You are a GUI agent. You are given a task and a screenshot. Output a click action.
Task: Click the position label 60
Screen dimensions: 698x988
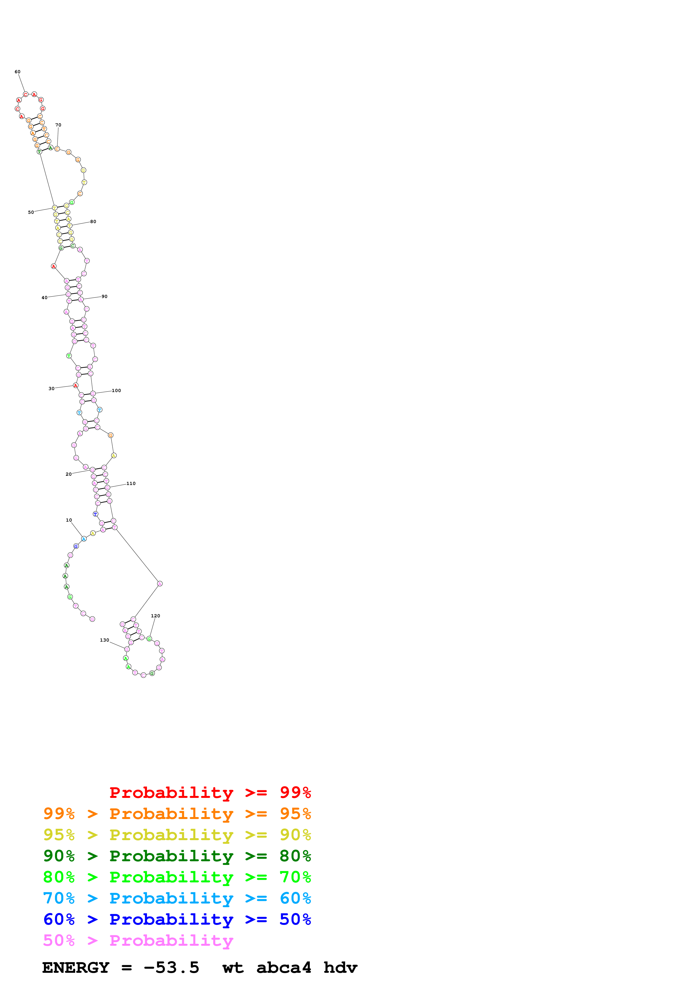point(17,72)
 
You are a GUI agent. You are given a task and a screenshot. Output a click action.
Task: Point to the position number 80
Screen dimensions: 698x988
point(93,222)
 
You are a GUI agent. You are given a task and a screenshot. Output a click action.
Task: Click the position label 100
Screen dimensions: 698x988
point(116,391)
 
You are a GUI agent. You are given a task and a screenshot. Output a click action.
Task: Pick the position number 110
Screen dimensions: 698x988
point(131,484)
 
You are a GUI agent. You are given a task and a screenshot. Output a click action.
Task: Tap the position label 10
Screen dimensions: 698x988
point(69,520)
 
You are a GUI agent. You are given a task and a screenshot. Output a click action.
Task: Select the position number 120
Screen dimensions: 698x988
point(155,616)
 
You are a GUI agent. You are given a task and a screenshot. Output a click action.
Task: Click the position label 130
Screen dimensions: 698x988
point(104,640)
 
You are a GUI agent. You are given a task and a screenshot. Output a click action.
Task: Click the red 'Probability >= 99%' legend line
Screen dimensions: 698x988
point(210,793)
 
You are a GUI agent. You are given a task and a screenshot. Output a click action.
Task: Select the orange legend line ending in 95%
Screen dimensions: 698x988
point(177,814)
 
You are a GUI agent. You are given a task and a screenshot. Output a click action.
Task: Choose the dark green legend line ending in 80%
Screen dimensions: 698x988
point(177,856)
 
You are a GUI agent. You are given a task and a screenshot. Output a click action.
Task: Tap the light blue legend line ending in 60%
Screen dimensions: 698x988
point(177,898)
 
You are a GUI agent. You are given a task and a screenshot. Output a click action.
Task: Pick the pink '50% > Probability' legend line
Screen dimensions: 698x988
point(138,940)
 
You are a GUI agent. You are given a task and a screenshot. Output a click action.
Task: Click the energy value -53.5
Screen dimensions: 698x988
point(171,968)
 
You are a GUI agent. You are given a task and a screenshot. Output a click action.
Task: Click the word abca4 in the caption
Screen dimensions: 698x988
point(284,968)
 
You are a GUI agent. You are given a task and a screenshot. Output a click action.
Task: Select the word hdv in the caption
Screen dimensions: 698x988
point(340,968)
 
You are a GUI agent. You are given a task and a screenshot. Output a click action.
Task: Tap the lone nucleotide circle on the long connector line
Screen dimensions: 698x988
point(160,584)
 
